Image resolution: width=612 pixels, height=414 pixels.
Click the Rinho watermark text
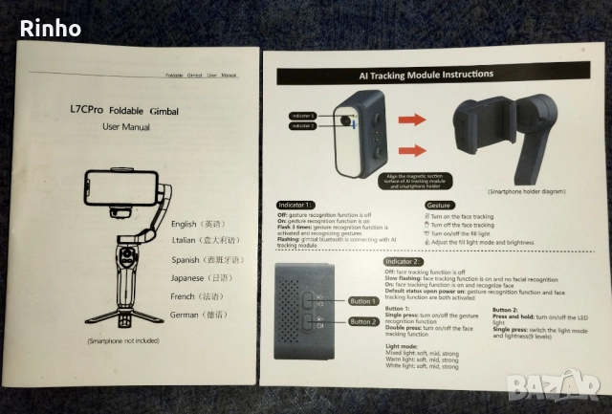pyautogui.click(x=51, y=28)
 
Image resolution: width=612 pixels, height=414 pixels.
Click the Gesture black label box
pyautogui.click(x=440, y=206)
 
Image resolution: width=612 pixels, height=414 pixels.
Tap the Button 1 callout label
pyautogui.click(x=362, y=301)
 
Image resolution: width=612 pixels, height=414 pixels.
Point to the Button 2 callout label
pyautogui.click(x=362, y=322)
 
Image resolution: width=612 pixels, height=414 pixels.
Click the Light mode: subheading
pyautogui.click(x=401, y=346)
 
